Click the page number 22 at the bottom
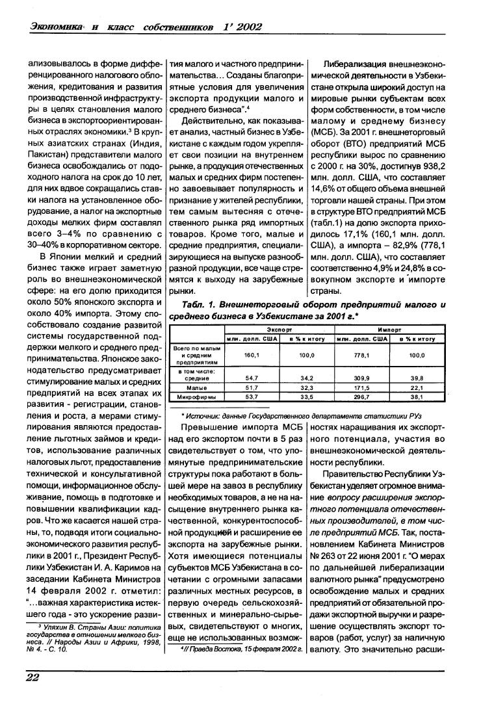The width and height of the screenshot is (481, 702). pos(32,679)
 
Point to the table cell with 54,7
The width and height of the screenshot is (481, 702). pos(251,378)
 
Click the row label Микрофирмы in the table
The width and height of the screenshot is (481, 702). pos(198,396)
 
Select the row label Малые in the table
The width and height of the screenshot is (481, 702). pos(198,387)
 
